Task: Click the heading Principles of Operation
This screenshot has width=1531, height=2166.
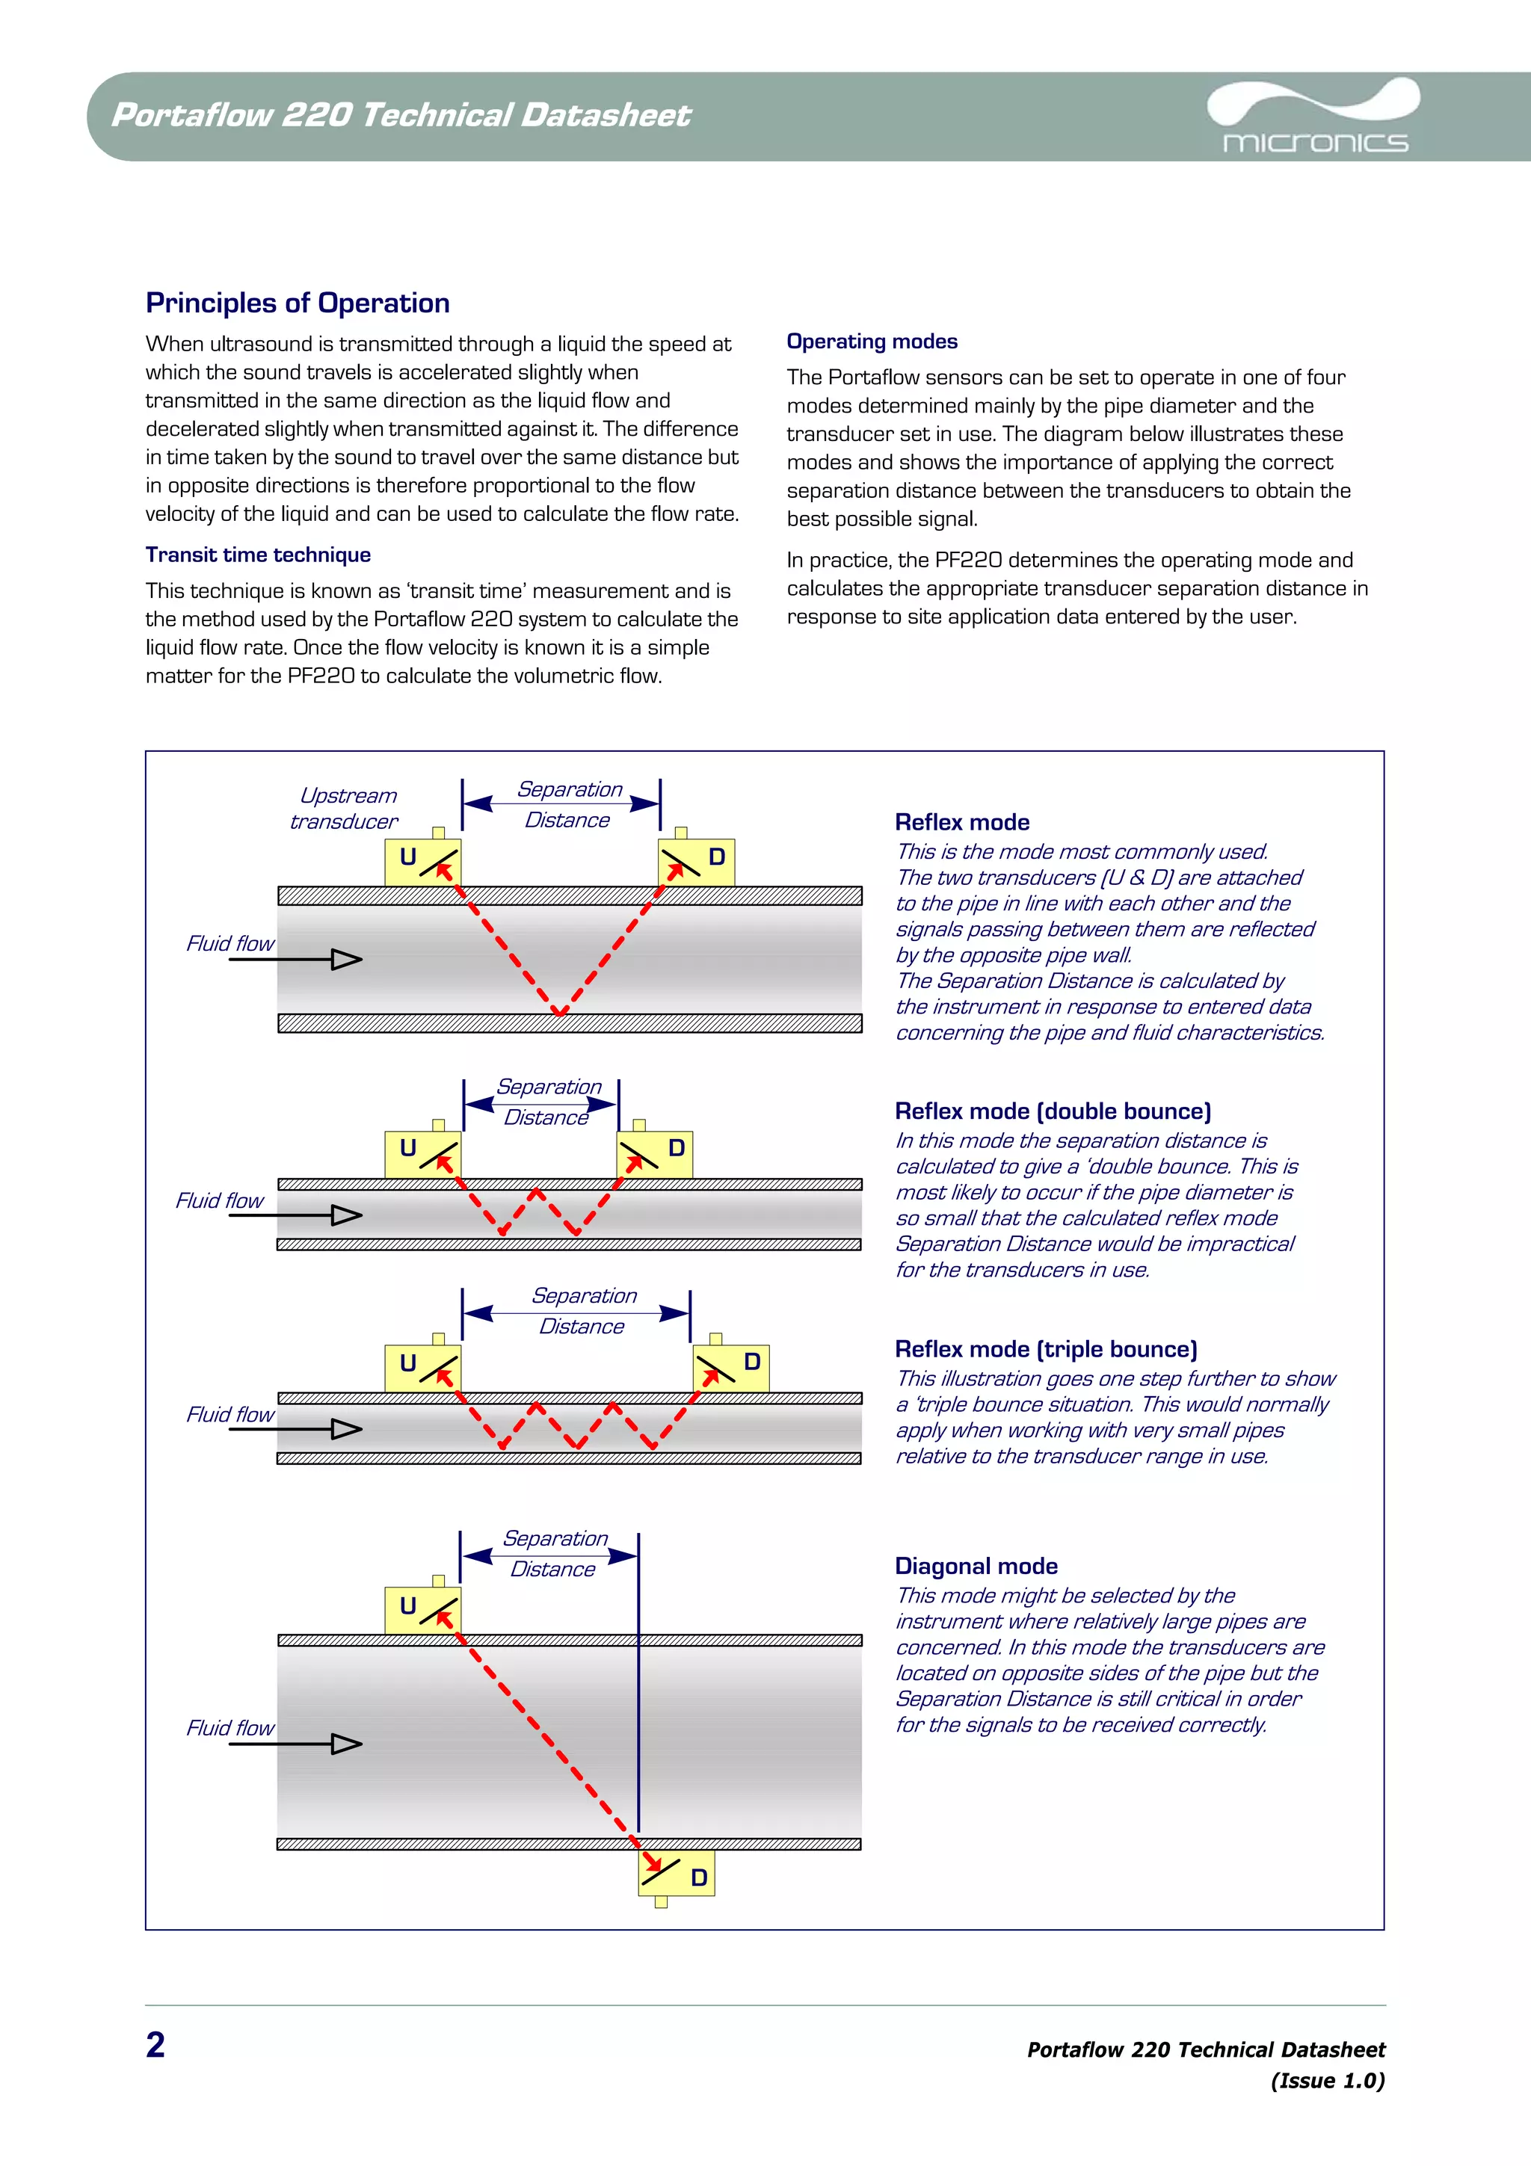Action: point(297,303)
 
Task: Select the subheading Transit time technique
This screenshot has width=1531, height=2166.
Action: point(257,555)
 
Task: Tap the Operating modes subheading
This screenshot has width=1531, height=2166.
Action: point(872,342)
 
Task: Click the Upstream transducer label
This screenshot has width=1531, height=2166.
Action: point(345,809)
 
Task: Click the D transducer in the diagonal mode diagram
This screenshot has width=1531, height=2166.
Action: point(677,1872)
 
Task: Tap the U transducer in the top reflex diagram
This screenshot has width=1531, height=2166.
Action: point(422,861)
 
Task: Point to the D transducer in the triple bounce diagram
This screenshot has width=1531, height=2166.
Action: point(731,1367)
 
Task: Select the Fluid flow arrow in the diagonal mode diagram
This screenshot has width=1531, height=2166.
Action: point(296,1744)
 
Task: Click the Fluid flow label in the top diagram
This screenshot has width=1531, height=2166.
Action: point(230,943)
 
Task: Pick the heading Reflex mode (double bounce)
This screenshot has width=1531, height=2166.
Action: point(1053,1111)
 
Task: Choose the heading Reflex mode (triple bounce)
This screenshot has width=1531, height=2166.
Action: point(1045,1349)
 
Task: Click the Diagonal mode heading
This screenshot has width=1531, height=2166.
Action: point(976,1566)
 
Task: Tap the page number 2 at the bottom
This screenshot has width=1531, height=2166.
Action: point(155,2044)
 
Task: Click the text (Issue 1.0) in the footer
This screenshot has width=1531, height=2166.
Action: point(1326,2080)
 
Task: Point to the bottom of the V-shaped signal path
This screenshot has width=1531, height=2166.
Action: point(559,1012)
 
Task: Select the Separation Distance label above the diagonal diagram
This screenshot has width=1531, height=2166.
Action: point(554,1553)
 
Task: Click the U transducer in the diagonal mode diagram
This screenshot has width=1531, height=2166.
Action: point(422,1609)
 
